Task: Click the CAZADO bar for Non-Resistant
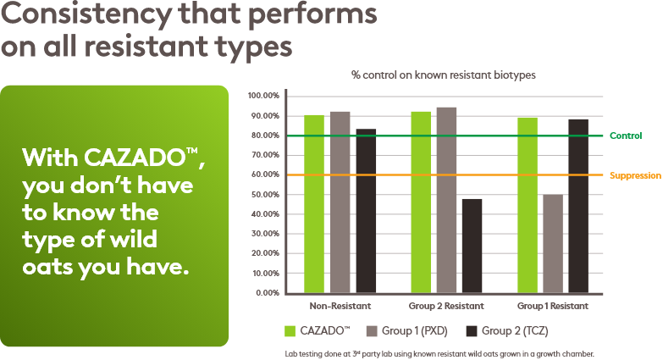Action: [x=314, y=203]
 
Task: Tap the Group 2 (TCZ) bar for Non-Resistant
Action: [x=365, y=211]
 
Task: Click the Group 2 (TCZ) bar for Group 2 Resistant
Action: [x=472, y=246]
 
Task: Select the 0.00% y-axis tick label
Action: [x=267, y=293]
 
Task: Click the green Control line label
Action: [x=626, y=136]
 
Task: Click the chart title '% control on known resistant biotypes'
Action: [x=444, y=75]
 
